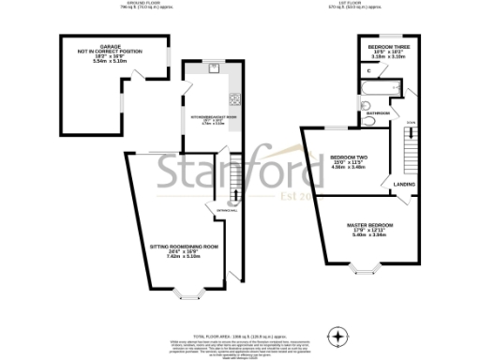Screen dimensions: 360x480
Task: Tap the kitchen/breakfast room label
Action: click(215, 117)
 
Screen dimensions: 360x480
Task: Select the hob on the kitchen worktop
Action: click(233, 99)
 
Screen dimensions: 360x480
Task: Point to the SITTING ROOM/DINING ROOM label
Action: click(184, 247)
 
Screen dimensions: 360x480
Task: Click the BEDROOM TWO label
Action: click(345, 157)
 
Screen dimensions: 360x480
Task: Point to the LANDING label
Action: click(405, 184)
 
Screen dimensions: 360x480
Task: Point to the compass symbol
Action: click(337, 334)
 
